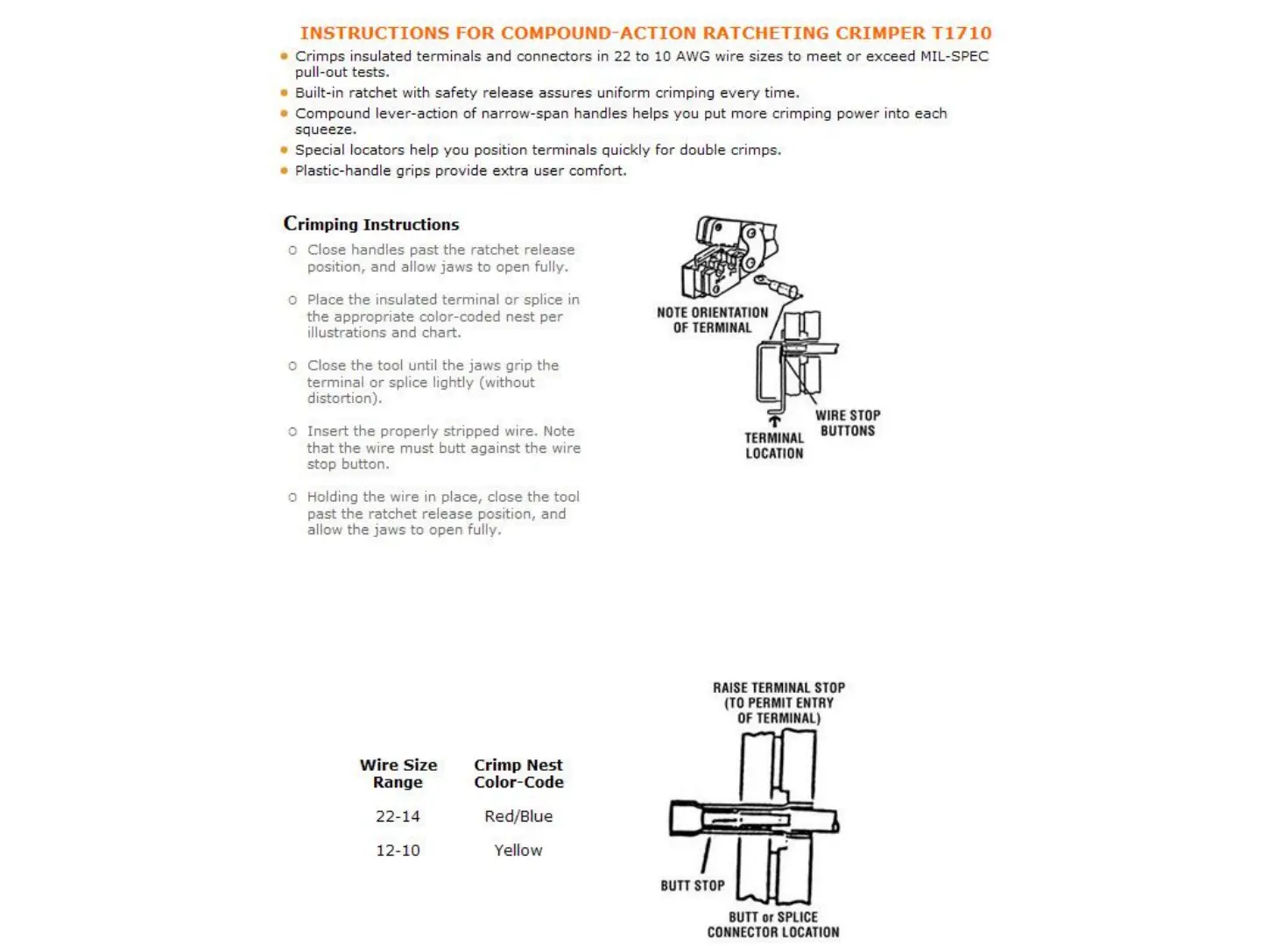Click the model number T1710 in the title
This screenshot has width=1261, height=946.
(x=962, y=33)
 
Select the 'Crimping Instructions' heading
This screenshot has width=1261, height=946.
(x=371, y=224)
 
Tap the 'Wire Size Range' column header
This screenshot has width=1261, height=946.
(x=398, y=773)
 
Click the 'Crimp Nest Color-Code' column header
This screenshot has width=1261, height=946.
(x=518, y=773)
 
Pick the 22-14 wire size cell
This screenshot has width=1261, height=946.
(x=398, y=816)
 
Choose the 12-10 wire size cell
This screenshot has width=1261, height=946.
(x=398, y=851)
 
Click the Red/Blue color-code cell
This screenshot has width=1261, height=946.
(x=518, y=816)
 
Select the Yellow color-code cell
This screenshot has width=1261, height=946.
(x=518, y=851)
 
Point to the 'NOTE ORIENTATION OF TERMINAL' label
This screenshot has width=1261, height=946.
(x=712, y=320)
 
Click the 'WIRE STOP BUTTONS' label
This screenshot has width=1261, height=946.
(x=848, y=423)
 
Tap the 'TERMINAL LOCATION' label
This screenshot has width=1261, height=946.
(x=774, y=446)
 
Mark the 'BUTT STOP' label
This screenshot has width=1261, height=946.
(x=693, y=886)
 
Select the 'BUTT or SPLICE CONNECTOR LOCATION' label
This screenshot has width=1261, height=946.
(x=773, y=925)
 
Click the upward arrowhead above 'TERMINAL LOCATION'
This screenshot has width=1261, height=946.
(x=774, y=421)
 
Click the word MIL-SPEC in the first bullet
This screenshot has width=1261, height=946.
(x=955, y=56)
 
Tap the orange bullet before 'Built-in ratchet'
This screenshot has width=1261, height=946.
(x=284, y=93)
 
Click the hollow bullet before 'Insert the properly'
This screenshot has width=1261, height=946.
(x=292, y=432)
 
